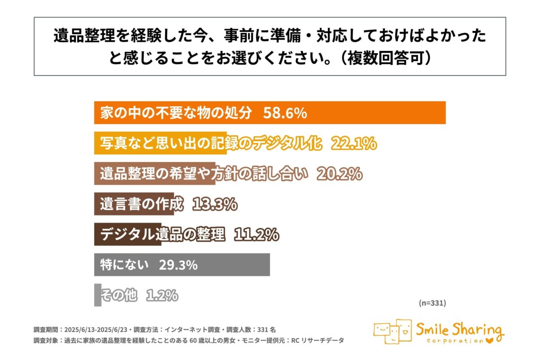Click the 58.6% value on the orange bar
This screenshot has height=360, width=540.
click(x=285, y=113)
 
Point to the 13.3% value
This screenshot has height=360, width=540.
click(x=215, y=204)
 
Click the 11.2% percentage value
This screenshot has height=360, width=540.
click(x=256, y=235)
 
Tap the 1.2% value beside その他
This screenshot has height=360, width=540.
click(x=162, y=296)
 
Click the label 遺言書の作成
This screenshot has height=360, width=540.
click(x=143, y=204)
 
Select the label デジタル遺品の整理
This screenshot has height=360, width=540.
click(x=162, y=235)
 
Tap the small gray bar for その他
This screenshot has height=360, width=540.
click(x=98, y=296)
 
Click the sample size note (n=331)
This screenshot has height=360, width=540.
click(x=432, y=303)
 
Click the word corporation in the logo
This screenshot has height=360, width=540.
click(x=454, y=341)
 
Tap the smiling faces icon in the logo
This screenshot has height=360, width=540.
click(x=392, y=332)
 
